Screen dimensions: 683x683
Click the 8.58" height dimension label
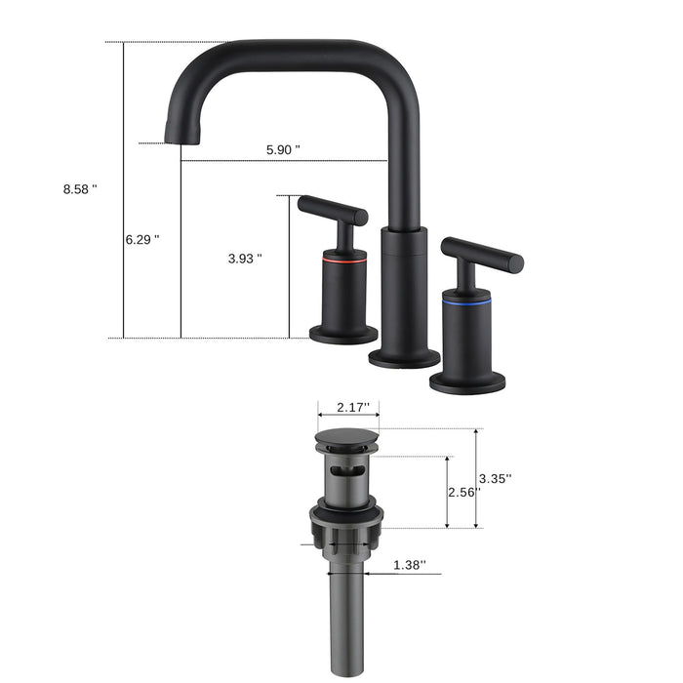click(80, 189)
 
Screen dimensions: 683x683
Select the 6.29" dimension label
click(141, 239)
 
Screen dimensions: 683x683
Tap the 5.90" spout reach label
click(283, 149)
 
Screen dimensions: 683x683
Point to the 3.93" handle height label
click(244, 259)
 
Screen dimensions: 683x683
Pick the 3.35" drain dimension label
click(496, 478)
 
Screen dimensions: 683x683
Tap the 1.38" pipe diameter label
click(410, 565)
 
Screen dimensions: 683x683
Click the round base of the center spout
click(404, 358)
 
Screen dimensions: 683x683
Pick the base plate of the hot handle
click(343, 335)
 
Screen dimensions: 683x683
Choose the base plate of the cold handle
click(467, 380)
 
